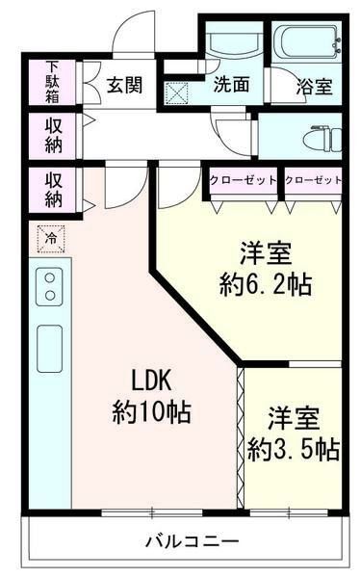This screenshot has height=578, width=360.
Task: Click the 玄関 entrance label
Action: (x=125, y=85)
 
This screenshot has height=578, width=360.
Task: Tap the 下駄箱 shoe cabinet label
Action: (x=52, y=84)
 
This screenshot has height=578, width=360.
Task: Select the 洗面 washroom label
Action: (x=231, y=85)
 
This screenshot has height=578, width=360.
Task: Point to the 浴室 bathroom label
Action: (x=314, y=86)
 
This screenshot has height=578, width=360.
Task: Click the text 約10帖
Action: (x=151, y=412)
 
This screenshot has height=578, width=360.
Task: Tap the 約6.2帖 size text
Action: (x=265, y=285)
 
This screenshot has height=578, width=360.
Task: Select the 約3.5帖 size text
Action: (x=292, y=449)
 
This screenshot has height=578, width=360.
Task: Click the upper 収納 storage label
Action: (x=53, y=135)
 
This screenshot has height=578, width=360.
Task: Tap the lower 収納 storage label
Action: (x=53, y=189)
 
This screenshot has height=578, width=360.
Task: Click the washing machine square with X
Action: (x=178, y=93)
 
